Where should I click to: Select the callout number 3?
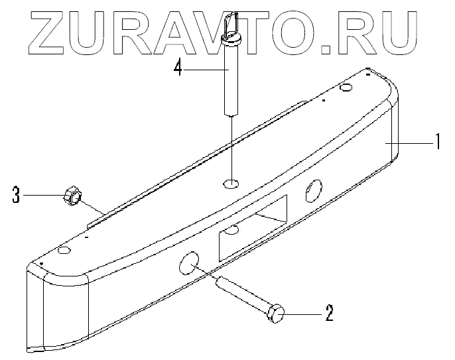pos(16,195)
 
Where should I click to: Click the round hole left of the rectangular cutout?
pos(188,264)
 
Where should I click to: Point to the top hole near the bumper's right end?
pos(346,88)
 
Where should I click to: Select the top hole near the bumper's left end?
pos(64,251)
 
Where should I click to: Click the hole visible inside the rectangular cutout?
pos(232,231)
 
